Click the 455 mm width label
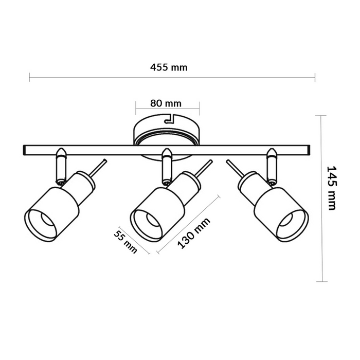coord(169,67)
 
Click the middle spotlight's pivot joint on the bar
coord(166,166)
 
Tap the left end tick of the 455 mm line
coord(29,78)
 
